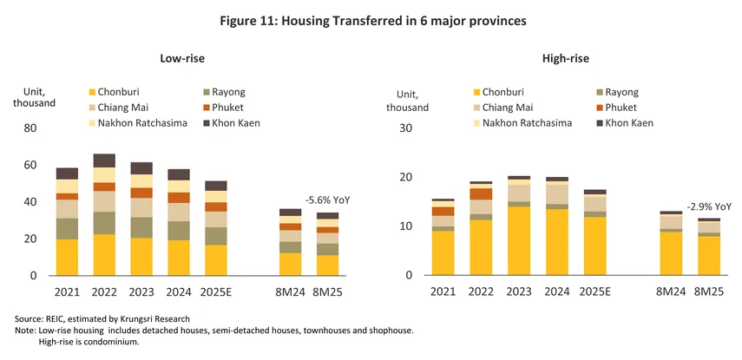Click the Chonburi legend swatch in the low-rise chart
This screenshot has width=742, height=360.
93,91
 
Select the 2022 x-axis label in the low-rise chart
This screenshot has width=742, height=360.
103,292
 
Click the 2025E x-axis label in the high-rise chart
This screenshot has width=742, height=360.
594,292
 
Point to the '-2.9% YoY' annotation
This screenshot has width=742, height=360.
708,207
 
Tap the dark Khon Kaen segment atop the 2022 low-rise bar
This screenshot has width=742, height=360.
103,160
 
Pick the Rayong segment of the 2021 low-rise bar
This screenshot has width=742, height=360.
67,228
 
